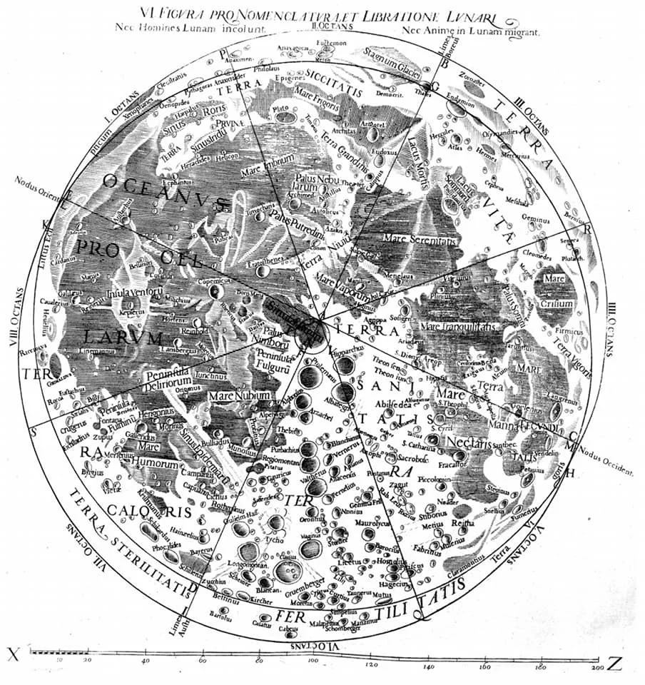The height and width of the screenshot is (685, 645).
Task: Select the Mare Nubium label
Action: (239, 395)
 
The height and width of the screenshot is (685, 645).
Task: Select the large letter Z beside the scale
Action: (614, 664)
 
